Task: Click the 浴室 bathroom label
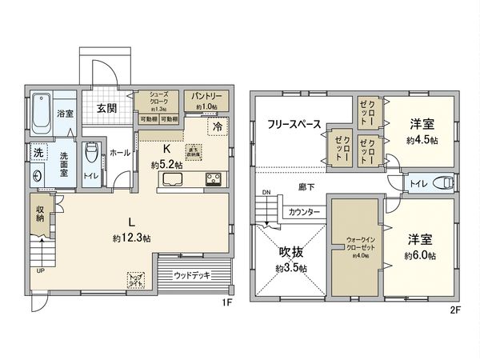(65, 114)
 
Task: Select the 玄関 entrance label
(108, 107)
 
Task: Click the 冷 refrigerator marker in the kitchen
(216, 126)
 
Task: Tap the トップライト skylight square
(136, 280)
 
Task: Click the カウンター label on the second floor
(305, 212)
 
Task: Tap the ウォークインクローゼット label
(356, 242)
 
